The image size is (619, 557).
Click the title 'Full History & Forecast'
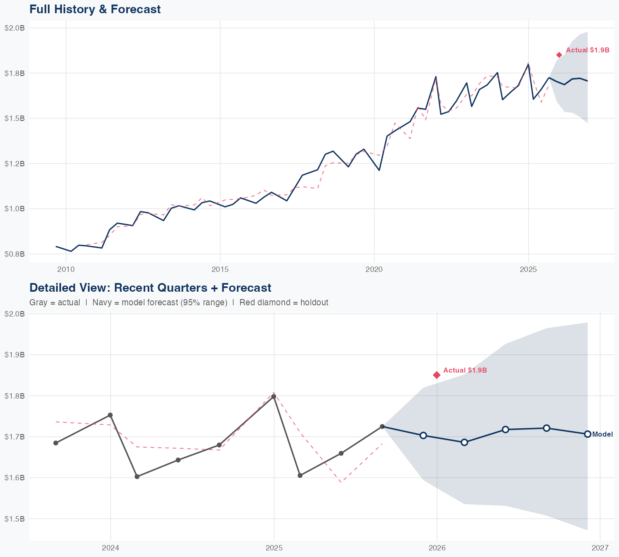point(95,9)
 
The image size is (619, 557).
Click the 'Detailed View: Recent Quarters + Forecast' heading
point(150,288)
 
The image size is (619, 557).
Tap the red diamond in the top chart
point(559,55)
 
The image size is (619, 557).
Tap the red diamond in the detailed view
point(437,375)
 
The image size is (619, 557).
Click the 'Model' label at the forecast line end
point(602,434)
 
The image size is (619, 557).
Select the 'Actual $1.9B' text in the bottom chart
point(465,371)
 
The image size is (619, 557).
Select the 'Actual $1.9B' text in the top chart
point(587,50)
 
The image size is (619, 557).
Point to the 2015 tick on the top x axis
point(220,270)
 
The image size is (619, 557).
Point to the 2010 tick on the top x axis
point(66,270)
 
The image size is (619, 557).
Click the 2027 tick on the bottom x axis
point(600,548)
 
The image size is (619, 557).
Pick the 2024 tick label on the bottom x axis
point(110,548)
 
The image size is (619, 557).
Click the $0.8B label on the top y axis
point(14,254)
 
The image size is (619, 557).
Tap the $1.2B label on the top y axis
point(14,163)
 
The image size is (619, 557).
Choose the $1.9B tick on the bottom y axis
point(14,354)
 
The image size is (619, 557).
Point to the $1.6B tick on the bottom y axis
point(14,477)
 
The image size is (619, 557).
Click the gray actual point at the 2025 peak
point(274,397)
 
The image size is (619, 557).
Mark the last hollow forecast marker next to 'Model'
point(588,434)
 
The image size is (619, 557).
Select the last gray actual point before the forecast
point(382,426)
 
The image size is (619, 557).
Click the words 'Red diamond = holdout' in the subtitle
point(284,302)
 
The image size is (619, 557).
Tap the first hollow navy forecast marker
point(423,435)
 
